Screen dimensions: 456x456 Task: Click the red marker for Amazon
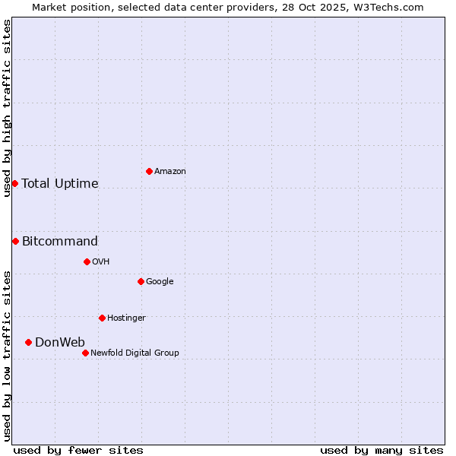point(149,171)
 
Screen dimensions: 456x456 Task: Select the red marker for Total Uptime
point(14,183)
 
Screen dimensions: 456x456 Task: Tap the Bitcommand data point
point(15,241)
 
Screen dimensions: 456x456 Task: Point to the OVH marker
point(87,261)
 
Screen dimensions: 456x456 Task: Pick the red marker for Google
point(141,281)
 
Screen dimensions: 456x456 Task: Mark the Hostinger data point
point(102,318)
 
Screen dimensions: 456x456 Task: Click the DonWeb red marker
point(28,342)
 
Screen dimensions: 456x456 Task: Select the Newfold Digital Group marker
point(85,353)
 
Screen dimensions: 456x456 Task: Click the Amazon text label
point(170,172)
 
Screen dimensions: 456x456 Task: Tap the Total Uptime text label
point(60,183)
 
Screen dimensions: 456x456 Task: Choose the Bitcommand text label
point(60,242)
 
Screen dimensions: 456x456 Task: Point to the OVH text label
point(101,262)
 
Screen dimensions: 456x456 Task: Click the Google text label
point(160,282)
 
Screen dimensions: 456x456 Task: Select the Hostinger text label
point(126,318)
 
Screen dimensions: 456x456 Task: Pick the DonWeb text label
point(60,342)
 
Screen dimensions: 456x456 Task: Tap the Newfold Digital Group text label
point(135,353)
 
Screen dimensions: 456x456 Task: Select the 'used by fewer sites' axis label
point(78,450)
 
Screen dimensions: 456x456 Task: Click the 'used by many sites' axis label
point(382,450)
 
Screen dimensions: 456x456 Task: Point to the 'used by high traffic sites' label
point(7,108)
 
